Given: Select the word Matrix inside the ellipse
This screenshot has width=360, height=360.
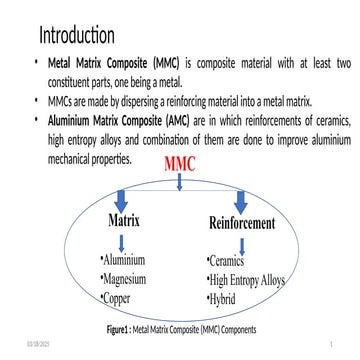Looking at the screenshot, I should pyautogui.click(x=123, y=219).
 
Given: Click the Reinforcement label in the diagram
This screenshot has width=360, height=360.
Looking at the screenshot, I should pyautogui.click(x=241, y=223).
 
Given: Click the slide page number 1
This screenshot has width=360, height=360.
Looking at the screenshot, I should pyautogui.click(x=342, y=344).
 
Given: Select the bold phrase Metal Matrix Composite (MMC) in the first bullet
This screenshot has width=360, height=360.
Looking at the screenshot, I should pyautogui.click(x=102, y=65).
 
